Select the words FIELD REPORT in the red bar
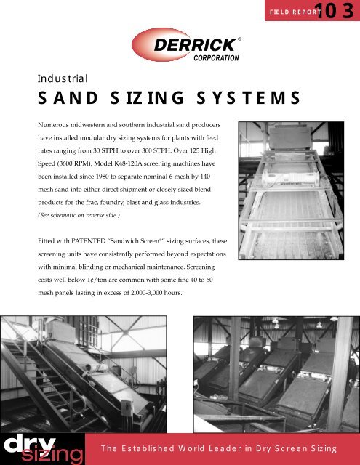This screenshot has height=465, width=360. click(295, 12)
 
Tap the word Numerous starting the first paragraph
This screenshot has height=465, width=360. click(59, 118)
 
